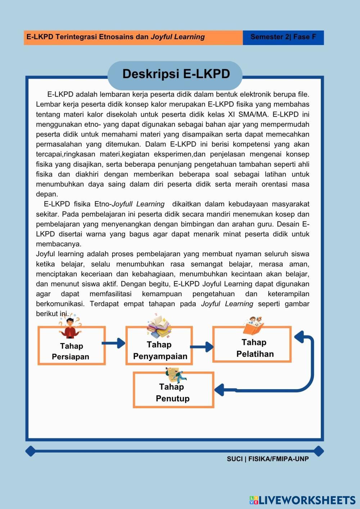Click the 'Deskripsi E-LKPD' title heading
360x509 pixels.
[x=176, y=74]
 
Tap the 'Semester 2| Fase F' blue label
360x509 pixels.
[x=283, y=37]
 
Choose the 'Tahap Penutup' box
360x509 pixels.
[x=173, y=392]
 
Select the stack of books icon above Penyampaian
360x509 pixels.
[x=159, y=326]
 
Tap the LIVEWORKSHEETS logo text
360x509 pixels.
[x=307, y=500]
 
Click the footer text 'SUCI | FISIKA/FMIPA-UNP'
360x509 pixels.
[x=268, y=459]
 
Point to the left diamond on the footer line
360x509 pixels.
[x=31, y=451]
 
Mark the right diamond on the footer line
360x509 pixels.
[x=319, y=451]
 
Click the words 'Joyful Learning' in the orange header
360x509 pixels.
[x=178, y=37]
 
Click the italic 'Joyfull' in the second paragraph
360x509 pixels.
[x=122, y=204]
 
